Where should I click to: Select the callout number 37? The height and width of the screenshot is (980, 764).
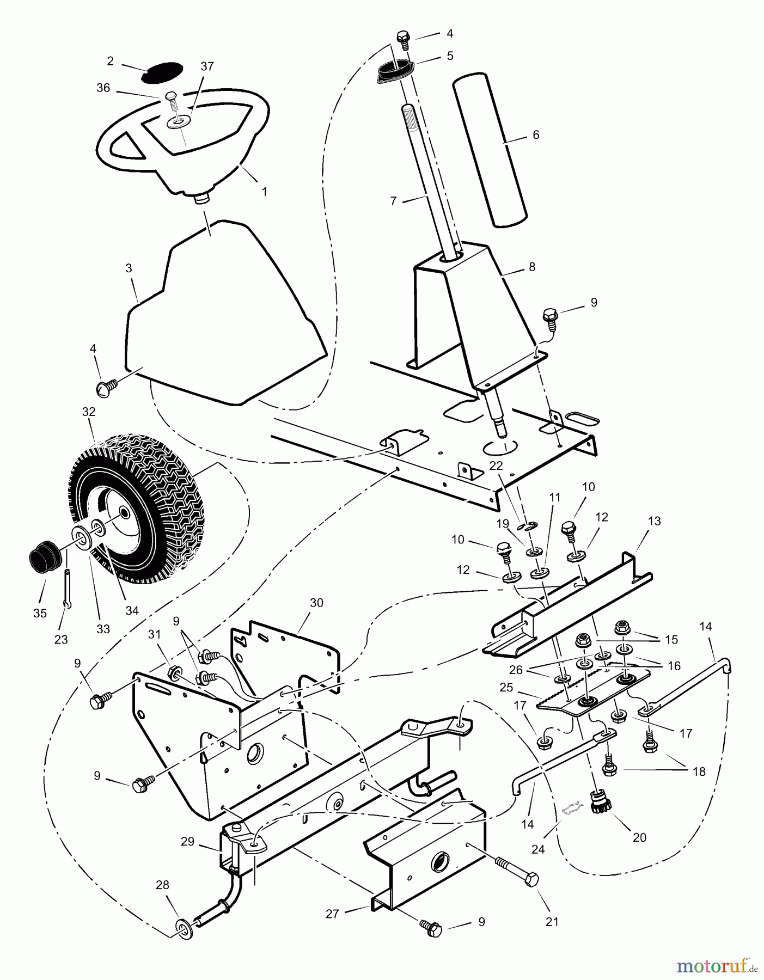(x=207, y=66)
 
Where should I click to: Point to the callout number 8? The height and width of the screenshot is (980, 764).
(x=532, y=267)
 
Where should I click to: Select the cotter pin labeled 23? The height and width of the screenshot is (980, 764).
(x=68, y=586)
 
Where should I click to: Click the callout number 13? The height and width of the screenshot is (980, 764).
(x=654, y=521)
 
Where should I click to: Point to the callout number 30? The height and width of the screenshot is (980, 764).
(x=316, y=603)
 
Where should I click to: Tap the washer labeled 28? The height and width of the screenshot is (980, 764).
(x=184, y=924)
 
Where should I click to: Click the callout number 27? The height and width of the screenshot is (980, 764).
(x=333, y=914)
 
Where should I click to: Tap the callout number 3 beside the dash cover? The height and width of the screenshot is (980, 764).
(x=129, y=268)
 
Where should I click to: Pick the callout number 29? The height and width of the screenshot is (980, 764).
(x=187, y=842)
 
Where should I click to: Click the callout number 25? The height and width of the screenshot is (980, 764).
(x=506, y=688)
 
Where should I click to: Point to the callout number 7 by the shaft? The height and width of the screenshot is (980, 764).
(x=394, y=201)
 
